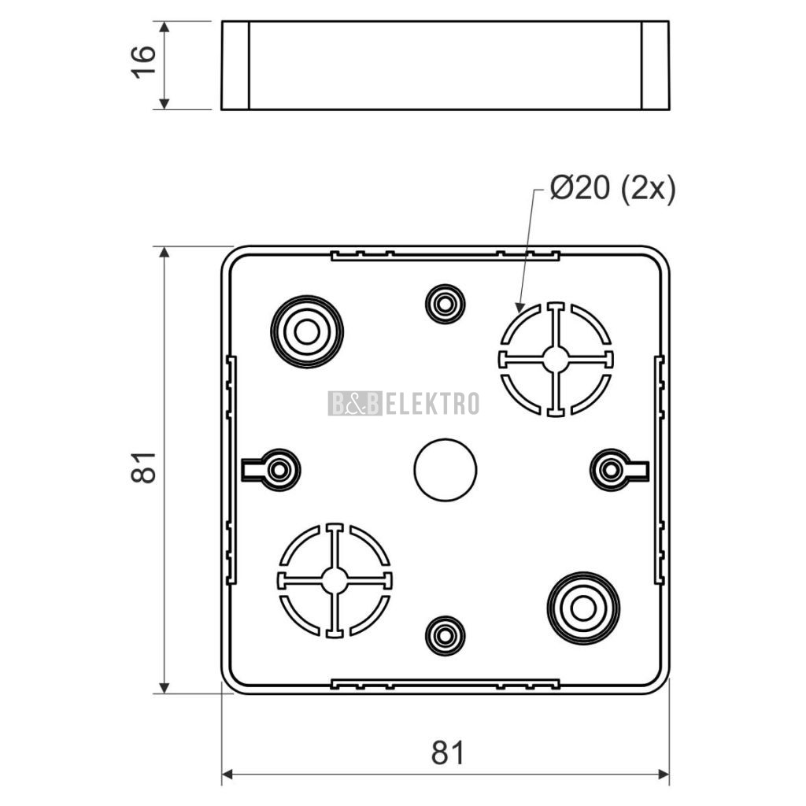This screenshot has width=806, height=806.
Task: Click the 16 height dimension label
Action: click(x=143, y=62)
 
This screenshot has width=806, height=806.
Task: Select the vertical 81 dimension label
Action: click(x=143, y=468)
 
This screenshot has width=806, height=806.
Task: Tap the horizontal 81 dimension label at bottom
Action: click(x=447, y=753)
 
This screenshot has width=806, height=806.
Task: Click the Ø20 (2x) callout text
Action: click(x=612, y=189)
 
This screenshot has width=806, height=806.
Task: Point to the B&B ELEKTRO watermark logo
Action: click(x=404, y=403)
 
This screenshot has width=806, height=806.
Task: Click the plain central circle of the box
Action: click(x=446, y=470)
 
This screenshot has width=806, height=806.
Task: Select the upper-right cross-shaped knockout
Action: click(x=556, y=359)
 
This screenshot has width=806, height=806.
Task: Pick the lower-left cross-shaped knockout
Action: click(x=335, y=581)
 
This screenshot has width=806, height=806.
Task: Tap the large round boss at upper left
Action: click(x=307, y=331)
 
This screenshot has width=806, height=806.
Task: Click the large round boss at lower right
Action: click(x=583, y=608)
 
